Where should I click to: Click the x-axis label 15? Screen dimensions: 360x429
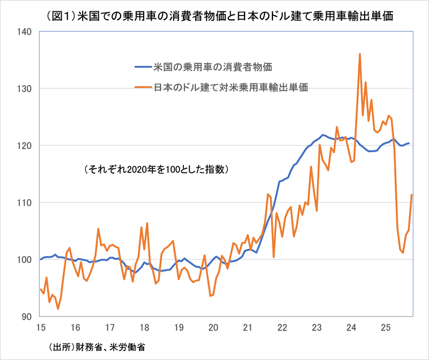40,327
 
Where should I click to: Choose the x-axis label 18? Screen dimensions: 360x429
144,327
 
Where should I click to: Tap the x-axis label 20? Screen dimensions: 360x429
213,327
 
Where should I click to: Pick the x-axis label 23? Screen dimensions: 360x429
316,327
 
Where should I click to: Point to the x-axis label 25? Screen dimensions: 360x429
385,327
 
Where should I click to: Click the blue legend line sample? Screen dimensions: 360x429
143,67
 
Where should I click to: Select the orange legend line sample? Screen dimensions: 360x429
143,86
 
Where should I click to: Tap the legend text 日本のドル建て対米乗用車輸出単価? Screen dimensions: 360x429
231,86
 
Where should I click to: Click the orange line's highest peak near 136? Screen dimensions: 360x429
360,54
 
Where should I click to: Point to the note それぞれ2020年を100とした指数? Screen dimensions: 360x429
157,169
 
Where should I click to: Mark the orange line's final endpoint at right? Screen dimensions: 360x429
411,194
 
